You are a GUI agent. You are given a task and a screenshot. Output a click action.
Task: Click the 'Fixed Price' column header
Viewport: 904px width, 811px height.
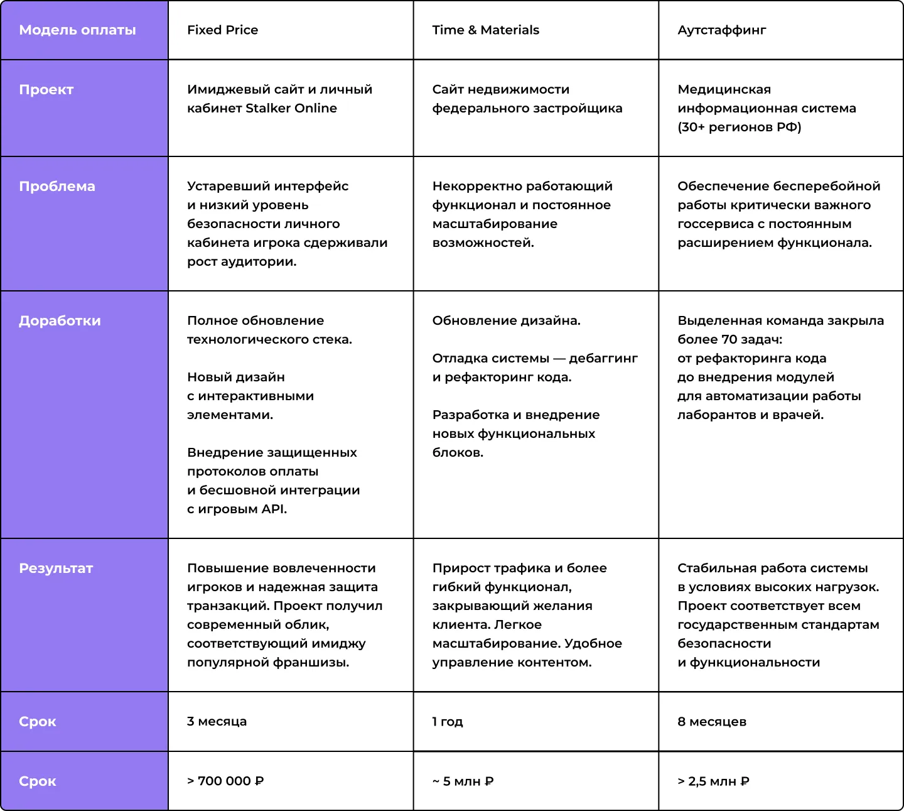click(x=222, y=30)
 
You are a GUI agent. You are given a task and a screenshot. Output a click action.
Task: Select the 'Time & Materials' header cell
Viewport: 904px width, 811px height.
click(x=485, y=30)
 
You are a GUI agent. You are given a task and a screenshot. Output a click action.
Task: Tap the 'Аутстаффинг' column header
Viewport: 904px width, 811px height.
click(x=721, y=30)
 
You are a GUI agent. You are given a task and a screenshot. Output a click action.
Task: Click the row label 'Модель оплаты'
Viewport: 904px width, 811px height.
click(x=77, y=30)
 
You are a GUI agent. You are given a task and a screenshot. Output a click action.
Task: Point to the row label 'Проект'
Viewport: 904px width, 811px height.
click(x=46, y=90)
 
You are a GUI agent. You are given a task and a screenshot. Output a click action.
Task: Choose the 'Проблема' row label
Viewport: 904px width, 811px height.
click(x=57, y=187)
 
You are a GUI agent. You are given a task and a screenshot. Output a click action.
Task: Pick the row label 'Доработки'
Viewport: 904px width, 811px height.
click(x=60, y=321)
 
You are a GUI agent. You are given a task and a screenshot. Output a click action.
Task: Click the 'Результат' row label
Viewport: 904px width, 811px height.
click(x=56, y=569)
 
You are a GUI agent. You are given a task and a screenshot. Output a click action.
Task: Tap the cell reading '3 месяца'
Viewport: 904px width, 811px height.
click(x=217, y=721)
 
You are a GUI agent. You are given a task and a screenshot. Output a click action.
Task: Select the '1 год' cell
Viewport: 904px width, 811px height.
click(x=448, y=721)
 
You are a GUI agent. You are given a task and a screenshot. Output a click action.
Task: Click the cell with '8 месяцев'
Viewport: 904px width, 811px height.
click(x=712, y=721)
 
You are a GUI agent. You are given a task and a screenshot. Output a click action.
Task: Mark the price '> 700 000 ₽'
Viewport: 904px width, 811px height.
click(x=225, y=781)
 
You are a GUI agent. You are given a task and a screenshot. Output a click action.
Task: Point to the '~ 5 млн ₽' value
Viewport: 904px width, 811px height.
click(x=463, y=781)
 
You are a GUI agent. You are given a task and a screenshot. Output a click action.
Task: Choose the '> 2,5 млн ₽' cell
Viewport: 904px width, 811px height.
click(x=713, y=781)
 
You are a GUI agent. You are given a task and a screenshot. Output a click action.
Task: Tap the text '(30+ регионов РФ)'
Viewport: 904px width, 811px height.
click(x=739, y=127)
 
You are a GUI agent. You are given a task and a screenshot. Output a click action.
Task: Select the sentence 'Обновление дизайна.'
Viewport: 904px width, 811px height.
click(x=506, y=320)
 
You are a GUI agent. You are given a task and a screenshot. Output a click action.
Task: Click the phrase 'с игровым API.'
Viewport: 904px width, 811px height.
click(x=237, y=509)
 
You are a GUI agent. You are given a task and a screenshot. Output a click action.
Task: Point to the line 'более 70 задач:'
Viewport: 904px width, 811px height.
click(x=729, y=339)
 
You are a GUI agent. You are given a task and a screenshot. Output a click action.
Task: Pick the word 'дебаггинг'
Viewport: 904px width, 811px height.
click(x=603, y=358)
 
